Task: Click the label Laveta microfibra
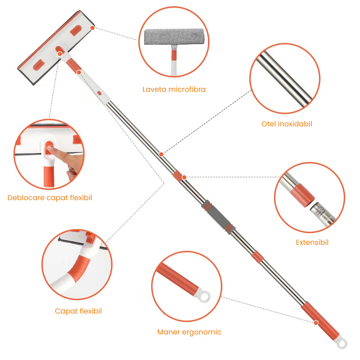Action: pos(174,89)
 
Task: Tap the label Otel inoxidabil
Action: pos(287,124)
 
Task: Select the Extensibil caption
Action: pos(312,242)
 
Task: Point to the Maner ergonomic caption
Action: pos(189,332)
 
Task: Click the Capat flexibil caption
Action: pos(78,311)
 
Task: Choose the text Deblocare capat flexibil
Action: pos(50,198)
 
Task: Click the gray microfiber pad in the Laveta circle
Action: pos(174,36)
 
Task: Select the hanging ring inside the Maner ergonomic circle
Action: pos(204,296)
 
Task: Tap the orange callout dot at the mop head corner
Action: pos(93,28)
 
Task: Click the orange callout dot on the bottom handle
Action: pos(316,323)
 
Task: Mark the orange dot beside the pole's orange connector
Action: pos(184,177)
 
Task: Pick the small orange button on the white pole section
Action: pos(99,93)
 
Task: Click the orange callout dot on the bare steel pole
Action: pos(161,154)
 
